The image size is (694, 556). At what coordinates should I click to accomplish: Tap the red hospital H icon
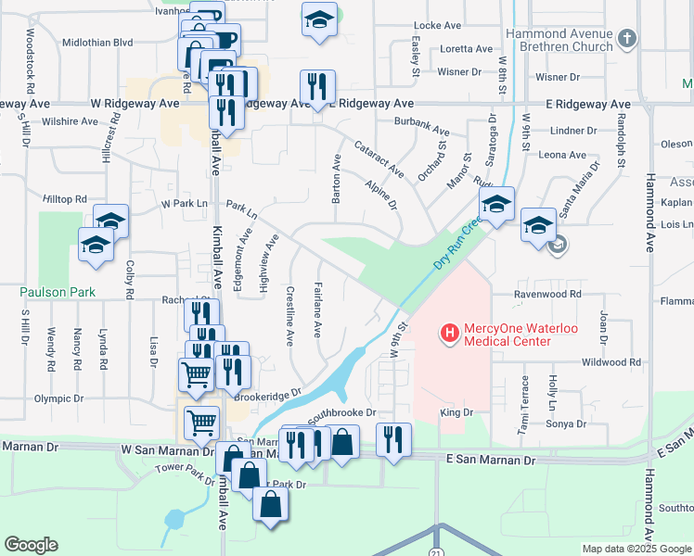click(450, 332)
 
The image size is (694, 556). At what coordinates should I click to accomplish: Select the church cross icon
click(628, 38)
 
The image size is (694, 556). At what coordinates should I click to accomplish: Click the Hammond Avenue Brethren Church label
click(559, 39)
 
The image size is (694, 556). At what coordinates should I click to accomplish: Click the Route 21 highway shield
click(437, 550)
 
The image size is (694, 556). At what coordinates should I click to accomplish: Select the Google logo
click(31, 545)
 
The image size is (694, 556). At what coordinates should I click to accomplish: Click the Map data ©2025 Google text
click(636, 549)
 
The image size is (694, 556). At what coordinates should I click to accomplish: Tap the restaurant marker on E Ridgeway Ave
click(317, 88)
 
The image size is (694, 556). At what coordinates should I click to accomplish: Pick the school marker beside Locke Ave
click(319, 20)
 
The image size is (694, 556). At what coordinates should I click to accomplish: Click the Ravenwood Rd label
click(548, 294)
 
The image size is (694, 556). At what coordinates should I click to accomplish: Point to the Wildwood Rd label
click(610, 362)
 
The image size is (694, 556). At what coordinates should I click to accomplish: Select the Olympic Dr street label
click(59, 398)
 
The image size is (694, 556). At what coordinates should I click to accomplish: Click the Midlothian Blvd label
click(98, 43)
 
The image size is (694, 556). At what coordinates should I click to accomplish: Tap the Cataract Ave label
click(379, 158)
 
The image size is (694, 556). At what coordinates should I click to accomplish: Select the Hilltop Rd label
click(64, 199)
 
